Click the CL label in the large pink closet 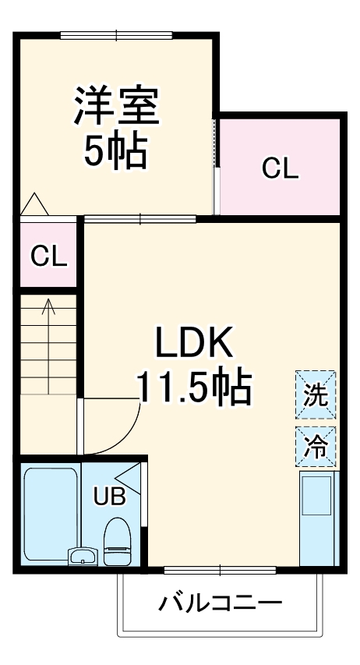pos(280,168)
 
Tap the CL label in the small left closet pos(48,256)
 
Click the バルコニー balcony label pos(221,603)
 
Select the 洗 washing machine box pos(316,394)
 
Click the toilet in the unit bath pos(117,540)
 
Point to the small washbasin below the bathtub pos(82,557)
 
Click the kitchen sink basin pos(317,496)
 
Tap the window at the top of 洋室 pos(117,34)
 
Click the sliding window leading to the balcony pos(221,571)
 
